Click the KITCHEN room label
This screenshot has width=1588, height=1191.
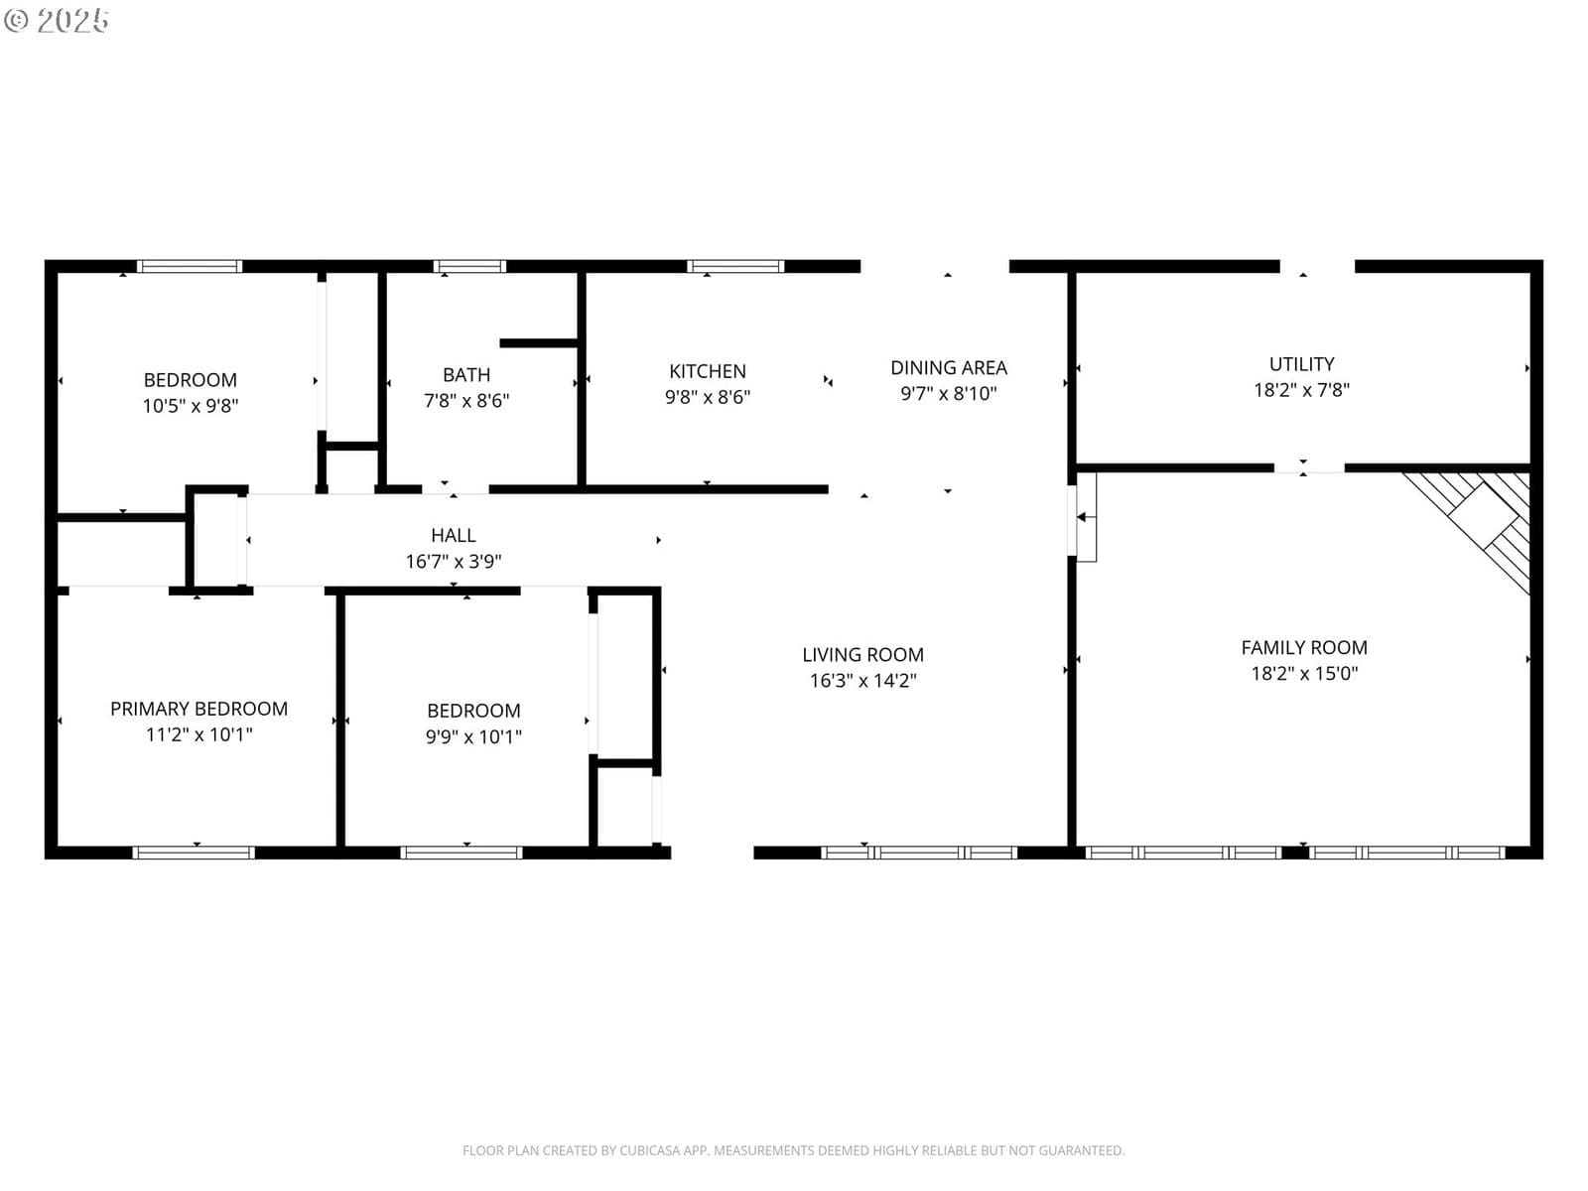tap(707, 371)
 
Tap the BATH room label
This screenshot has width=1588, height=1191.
tap(465, 375)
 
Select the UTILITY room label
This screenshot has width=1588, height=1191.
tap(1301, 364)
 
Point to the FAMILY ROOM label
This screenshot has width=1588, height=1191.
tap(1304, 648)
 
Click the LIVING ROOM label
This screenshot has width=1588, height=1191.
tap(862, 655)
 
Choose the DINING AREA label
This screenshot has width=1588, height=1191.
tap(949, 368)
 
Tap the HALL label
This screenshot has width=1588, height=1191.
tap(453, 536)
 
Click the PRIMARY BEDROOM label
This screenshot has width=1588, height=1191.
tap(198, 710)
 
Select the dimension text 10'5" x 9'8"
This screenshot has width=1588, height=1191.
tap(191, 406)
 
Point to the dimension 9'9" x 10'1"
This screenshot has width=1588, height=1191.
tap(473, 736)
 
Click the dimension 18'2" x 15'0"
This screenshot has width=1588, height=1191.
tap(1304, 674)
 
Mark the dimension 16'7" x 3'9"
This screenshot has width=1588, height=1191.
tap(453, 562)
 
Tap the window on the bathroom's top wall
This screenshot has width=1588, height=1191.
tap(469, 266)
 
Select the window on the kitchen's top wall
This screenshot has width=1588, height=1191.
tap(735, 266)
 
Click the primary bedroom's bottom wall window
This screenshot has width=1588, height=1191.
tap(194, 853)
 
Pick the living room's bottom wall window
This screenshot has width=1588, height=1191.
tap(919, 853)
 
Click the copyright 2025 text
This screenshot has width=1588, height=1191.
tap(57, 20)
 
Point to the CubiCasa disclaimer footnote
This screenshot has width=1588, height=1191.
tap(794, 1150)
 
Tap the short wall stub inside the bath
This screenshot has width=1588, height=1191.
tap(539, 342)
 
